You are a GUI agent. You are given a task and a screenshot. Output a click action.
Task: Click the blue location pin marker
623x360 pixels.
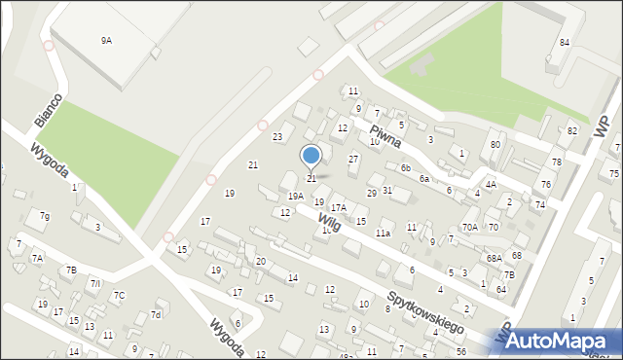click(x=311, y=157)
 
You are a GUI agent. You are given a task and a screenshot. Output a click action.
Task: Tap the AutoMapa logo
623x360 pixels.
click(x=557, y=341)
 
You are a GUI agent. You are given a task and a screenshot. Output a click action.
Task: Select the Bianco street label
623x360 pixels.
click(x=48, y=110)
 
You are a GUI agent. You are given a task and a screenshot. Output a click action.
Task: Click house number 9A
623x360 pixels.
click(x=106, y=41)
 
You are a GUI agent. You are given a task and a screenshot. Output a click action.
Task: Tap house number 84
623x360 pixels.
click(x=565, y=43)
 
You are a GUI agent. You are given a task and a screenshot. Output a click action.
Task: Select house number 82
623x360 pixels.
click(x=572, y=130)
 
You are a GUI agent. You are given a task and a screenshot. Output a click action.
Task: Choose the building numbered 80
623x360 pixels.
click(x=495, y=145)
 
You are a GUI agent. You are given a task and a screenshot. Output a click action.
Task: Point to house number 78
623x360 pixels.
click(x=557, y=162)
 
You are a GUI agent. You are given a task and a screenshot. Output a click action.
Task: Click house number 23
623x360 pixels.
click(x=277, y=137)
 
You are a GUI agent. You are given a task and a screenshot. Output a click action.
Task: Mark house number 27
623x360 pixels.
click(x=353, y=158)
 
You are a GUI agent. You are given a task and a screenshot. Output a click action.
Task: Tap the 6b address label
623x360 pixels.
click(x=405, y=167)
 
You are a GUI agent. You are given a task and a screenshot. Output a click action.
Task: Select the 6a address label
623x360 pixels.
click(x=424, y=179)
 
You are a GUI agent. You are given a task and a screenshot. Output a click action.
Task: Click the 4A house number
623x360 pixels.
click(x=492, y=184)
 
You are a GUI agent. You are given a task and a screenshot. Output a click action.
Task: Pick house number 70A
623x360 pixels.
click(x=470, y=227)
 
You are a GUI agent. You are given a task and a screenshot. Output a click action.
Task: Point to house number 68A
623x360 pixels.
click(x=495, y=258)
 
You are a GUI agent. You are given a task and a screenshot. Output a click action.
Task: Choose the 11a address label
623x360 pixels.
click(x=384, y=234)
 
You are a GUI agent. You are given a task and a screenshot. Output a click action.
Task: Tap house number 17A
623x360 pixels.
click(x=338, y=207)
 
